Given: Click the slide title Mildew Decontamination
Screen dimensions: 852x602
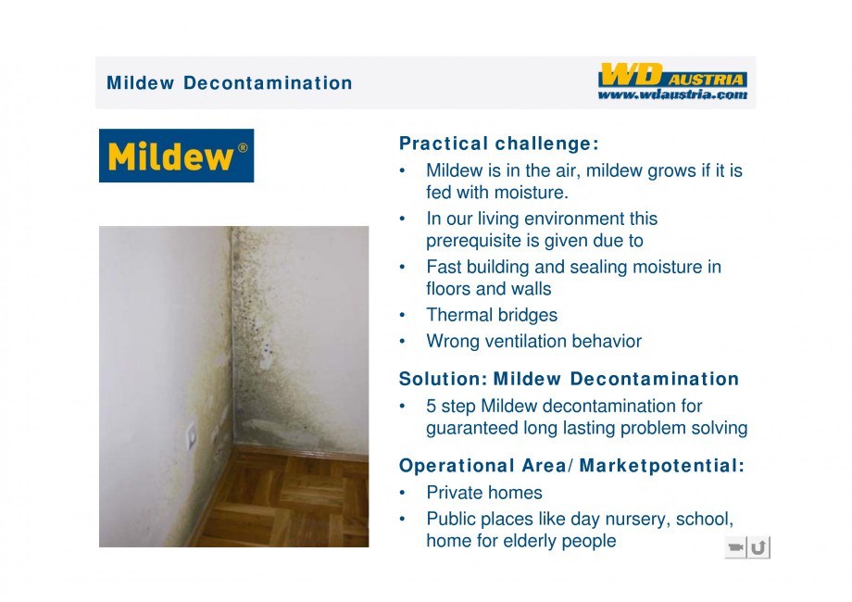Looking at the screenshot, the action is [x=230, y=83].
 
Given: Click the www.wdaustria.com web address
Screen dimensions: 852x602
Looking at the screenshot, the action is [x=672, y=94].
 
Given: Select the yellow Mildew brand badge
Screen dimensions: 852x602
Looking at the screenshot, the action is [x=176, y=156].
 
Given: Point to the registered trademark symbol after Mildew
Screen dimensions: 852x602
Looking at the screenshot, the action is [x=243, y=148].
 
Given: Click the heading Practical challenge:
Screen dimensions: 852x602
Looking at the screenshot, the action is [x=499, y=144].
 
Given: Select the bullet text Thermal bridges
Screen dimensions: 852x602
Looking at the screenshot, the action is [x=492, y=315].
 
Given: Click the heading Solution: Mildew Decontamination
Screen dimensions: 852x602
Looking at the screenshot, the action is [x=569, y=379].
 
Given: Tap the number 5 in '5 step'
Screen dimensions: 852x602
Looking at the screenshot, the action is [x=431, y=407].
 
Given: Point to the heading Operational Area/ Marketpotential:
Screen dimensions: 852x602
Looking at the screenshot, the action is [x=571, y=466].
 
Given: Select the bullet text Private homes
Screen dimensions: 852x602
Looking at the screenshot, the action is [x=484, y=493].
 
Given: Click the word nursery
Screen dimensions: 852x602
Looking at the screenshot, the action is [x=638, y=520].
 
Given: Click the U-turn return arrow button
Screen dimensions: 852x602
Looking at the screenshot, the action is [x=759, y=547].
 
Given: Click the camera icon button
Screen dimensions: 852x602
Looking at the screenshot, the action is [x=735, y=547].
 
